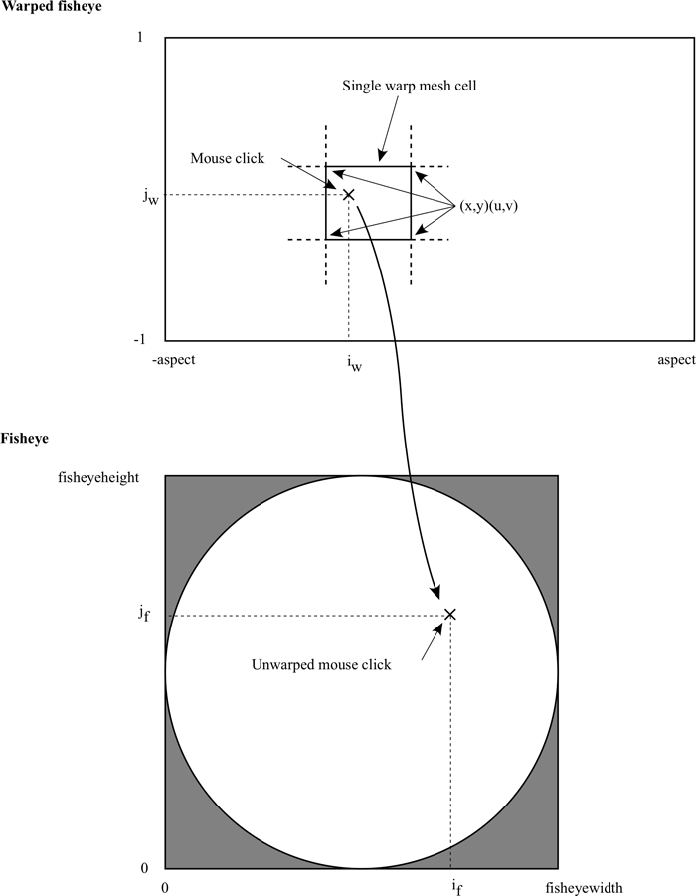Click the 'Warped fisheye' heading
tap(52, 7)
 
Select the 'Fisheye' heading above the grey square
tap(25, 439)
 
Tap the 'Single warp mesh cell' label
tap(409, 86)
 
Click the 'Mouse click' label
tap(228, 158)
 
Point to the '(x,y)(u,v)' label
tap(488, 206)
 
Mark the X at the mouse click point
tap(349, 195)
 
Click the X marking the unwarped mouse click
tap(450, 615)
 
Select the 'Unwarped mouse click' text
tap(321, 665)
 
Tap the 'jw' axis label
tap(151, 197)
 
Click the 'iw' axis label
tap(354, 363)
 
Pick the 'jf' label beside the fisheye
tap(144, 614)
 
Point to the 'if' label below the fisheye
tap(457, 886)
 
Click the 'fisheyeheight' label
tap(98, 477)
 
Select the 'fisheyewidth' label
tap(584, 888)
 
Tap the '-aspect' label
tap(174, 360)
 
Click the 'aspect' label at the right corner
tap(676, 360)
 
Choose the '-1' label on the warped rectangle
tap(140, 340)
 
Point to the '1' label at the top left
tap(140, 38)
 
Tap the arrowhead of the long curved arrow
tap(436, 593)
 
